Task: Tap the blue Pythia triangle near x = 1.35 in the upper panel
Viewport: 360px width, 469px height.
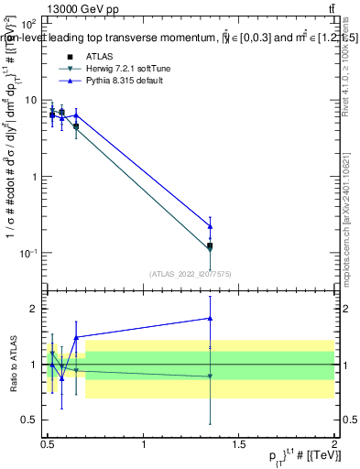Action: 211,226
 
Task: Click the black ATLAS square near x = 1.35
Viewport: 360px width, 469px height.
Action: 211,245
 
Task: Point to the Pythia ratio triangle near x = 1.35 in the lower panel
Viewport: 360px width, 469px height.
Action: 211,319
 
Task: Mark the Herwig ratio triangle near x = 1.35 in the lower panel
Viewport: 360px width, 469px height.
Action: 211,376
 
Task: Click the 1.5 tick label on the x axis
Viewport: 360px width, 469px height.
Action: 239,443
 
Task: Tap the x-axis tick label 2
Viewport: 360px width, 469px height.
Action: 334,443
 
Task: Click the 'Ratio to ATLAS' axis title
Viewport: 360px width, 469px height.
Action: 11,364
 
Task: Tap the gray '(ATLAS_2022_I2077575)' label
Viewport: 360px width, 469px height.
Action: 189,273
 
